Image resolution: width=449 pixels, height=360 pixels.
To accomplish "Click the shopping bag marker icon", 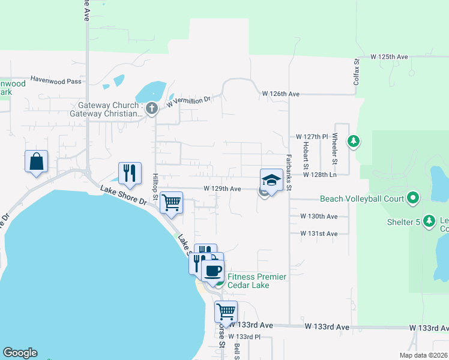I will pos(36,161).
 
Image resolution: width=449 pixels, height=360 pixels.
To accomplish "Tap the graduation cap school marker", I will pos(271,180).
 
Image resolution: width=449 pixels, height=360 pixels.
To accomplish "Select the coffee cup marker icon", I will pos(212,271).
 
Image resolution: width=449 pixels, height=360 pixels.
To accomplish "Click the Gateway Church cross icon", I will pos(151,109).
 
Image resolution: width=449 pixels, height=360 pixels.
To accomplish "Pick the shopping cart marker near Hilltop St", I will pos(172,203).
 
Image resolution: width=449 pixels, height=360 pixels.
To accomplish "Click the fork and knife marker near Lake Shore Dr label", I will pos(130,173).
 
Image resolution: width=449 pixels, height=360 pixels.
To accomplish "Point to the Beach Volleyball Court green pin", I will pos(412,197).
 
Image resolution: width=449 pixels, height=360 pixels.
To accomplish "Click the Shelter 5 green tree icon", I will pos(429,221).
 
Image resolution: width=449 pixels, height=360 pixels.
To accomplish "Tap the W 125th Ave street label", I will pos(389,57).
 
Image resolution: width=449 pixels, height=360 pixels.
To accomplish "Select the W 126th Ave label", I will pos(281,94).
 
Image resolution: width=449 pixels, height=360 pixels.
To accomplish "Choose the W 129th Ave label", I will pos(222,188).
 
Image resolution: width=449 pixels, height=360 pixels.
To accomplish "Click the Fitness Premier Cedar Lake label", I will pos(255,281).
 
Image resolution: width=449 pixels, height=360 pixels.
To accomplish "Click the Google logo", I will pos(20,353).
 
